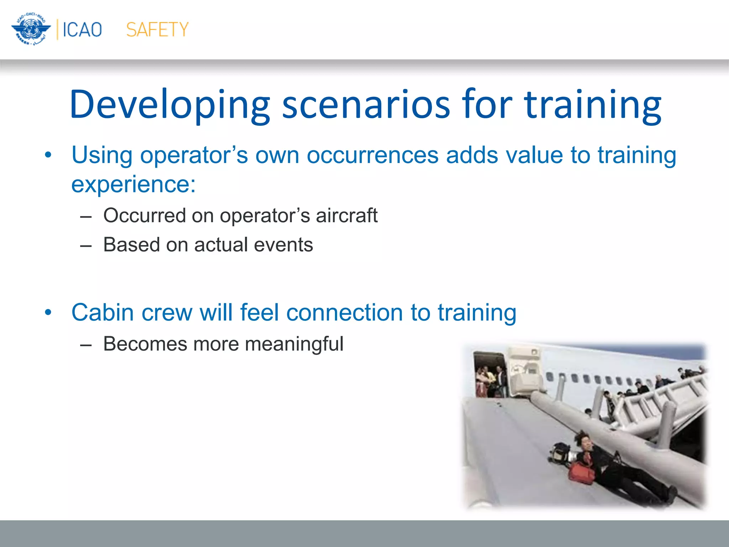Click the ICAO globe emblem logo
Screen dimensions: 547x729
(31, 29)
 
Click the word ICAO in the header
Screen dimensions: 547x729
(82, 30)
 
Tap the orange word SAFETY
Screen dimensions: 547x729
(157, 30)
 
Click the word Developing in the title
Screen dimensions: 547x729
(170, 105)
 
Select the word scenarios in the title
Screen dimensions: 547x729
(366, 105)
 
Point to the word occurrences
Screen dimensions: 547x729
(372, 155)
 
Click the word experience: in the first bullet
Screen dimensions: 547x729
(133, 184)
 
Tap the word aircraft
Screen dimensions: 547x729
(346, 215)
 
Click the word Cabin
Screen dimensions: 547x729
(103, 313)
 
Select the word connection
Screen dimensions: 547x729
(344, 313)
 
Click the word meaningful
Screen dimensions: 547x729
(294, 344)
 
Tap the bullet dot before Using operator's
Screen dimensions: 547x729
(48, 156)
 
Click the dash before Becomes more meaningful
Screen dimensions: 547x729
(86, 345)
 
